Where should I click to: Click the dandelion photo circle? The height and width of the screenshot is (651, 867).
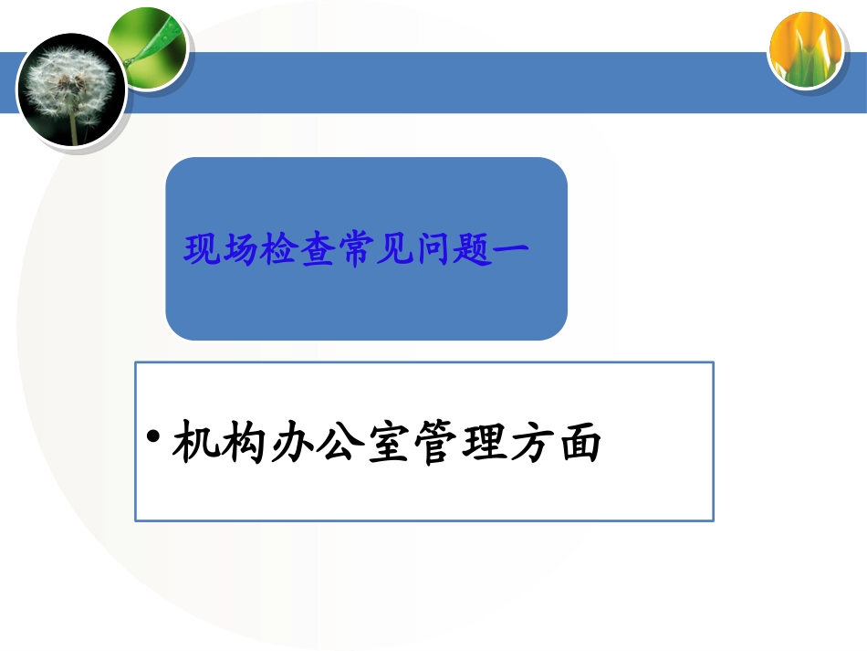pos(70,89)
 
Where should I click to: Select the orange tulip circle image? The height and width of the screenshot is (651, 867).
pos(805,50)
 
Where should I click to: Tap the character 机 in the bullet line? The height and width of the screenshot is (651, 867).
pos(194,443)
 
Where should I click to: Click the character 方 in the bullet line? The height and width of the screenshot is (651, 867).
pos(533,443)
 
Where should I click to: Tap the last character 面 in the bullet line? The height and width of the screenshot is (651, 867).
pos(580,443)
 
